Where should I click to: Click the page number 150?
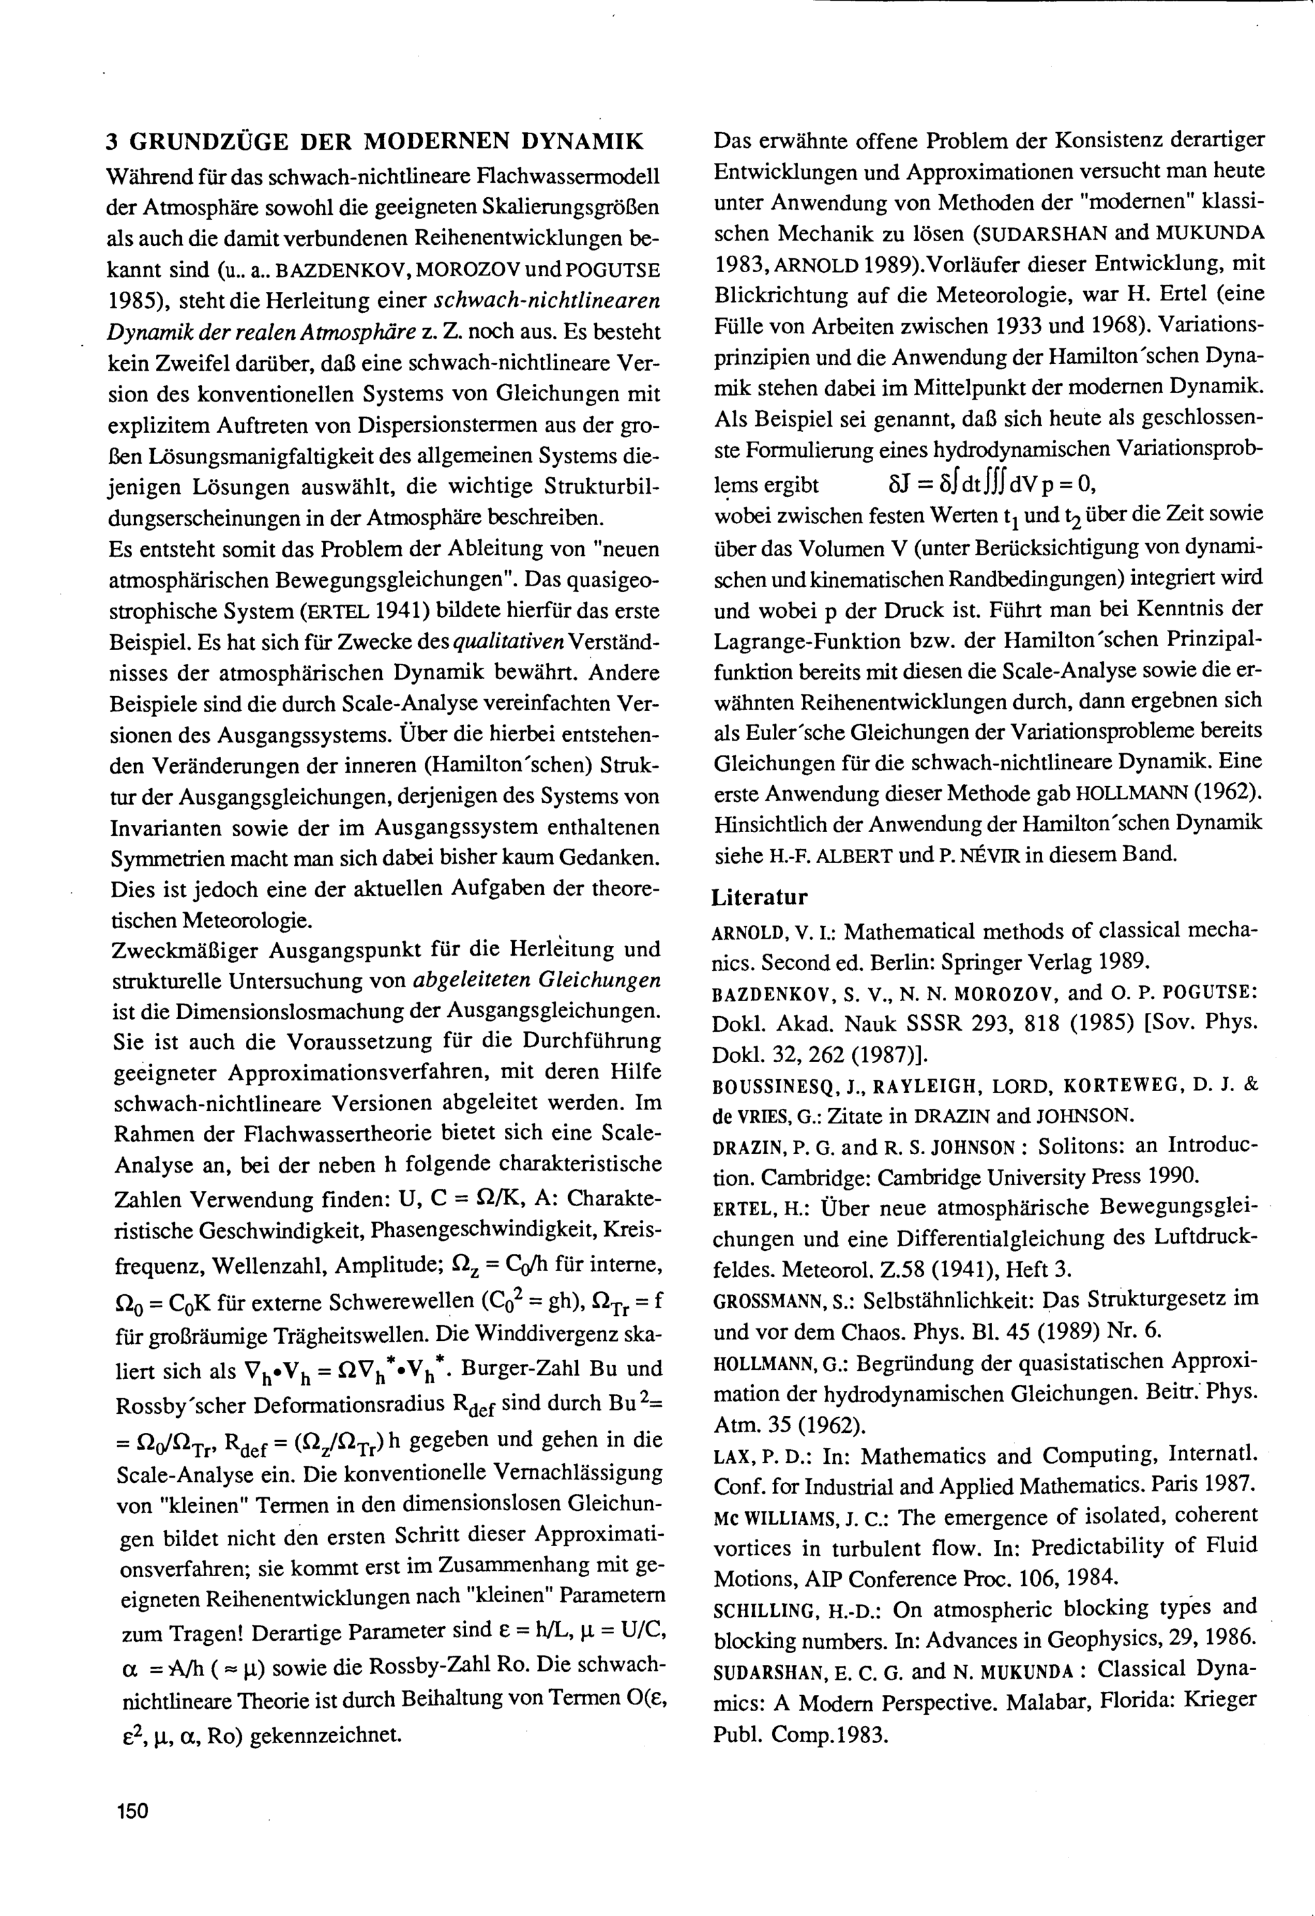coord(132,1810)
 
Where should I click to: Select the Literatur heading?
coord(759,896)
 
